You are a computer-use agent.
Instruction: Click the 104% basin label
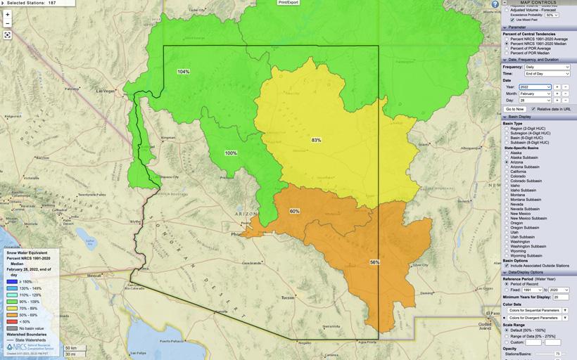tap(183, 72)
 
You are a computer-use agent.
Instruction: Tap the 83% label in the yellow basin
tap(316, 140)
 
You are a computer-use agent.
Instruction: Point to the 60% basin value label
tap(294, 211)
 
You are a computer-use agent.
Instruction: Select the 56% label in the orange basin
tap(374, 262)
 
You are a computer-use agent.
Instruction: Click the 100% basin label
tap(231, 153)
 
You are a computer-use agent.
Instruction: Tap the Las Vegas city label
tap(106, 91)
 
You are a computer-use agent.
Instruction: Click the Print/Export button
tap(288, 3)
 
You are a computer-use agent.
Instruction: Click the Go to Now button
tap(515, 109)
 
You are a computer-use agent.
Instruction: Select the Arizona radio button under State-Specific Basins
tap(507, 162)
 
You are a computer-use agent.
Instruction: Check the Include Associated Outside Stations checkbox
tap(507, 265)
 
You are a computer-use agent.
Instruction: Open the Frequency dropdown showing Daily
tap(547, 67)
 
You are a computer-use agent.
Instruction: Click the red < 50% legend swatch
tap(11, 321)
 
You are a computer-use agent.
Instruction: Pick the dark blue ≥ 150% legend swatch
tap(11, 281)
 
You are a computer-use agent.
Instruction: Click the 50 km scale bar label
tap(70, 347)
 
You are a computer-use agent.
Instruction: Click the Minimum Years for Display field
tap(561, 297)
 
